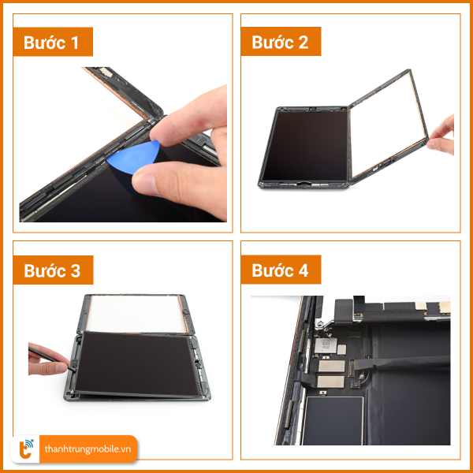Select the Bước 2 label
coord(280,42)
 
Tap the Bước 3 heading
coord(52,270)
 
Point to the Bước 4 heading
coord(280,270)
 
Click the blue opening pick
coord(132,158)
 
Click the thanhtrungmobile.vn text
coord(88,449)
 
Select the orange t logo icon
coord(25,449)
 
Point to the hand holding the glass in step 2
coord(442,136)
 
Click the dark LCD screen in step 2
coord(305,146)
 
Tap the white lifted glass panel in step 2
coord(388,125)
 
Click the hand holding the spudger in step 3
coord(47,359)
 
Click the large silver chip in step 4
coord(326,345)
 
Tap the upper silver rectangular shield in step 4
coord(332,366)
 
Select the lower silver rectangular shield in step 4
coord(330,382)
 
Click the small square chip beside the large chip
coord(342,350)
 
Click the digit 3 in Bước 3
coord(76,271)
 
